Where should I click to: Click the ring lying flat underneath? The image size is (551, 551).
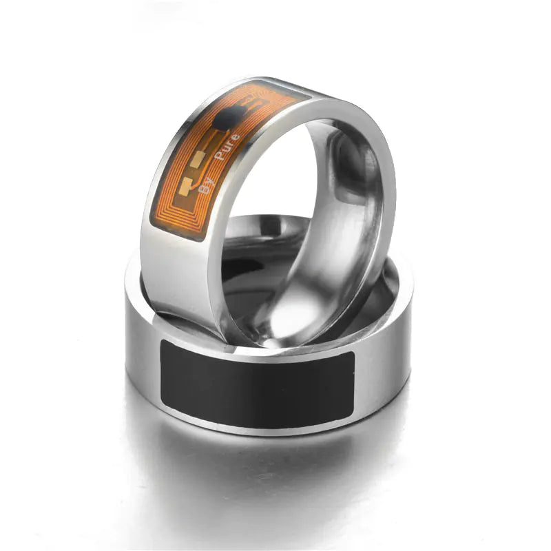pos(269,413)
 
